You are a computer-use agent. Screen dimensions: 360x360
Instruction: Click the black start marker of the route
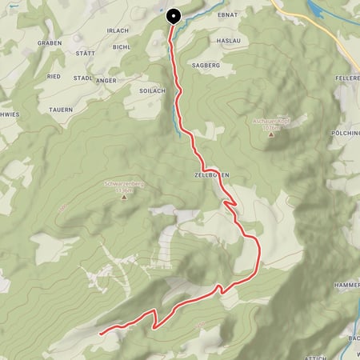(173, 16)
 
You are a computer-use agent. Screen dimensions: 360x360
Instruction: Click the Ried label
(54, 76)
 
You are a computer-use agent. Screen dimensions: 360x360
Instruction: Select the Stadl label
(83, 78)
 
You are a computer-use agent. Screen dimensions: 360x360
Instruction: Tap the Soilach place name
(152, 91)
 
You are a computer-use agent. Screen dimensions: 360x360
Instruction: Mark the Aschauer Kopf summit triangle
(270, 135)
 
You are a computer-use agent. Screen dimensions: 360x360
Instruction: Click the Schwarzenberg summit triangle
(124, 198)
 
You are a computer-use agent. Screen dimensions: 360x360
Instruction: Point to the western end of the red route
(99, 332)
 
